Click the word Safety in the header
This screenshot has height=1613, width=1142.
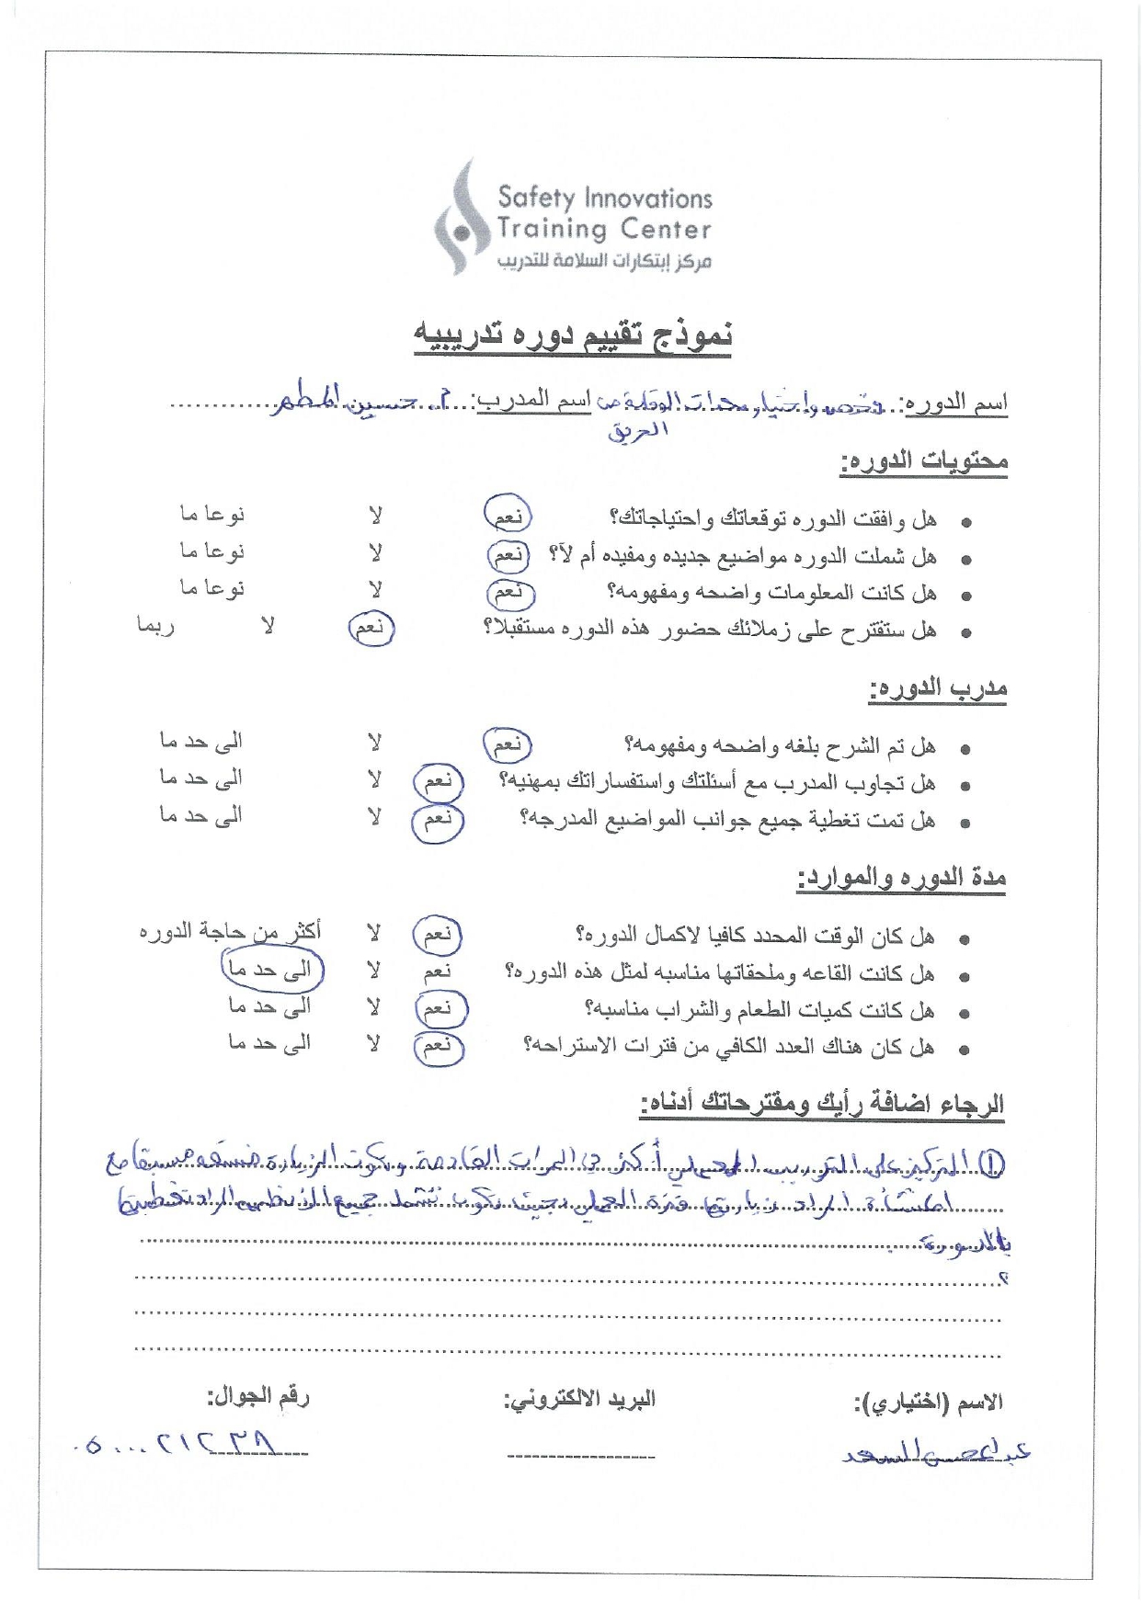tap(536, 198)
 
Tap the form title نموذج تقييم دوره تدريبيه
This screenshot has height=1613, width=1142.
tap(572, 335)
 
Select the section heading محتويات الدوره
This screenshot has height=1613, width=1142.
tap(923, 460)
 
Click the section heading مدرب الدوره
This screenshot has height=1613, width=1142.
tap(938, 688)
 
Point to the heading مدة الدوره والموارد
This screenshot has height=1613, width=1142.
tap(901, 879)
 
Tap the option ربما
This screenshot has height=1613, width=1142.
tap(155, 626)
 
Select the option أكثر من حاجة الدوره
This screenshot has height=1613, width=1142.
tap(230, 932)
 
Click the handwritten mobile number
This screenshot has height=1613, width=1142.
tap(193, 1446)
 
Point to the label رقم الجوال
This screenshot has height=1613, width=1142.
tap(258, 1397)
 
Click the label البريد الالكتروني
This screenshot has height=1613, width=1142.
tap(579, 1400)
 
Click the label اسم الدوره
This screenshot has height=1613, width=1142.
tap(956, 403)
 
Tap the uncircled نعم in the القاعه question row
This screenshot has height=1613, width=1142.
tap(438, 971)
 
